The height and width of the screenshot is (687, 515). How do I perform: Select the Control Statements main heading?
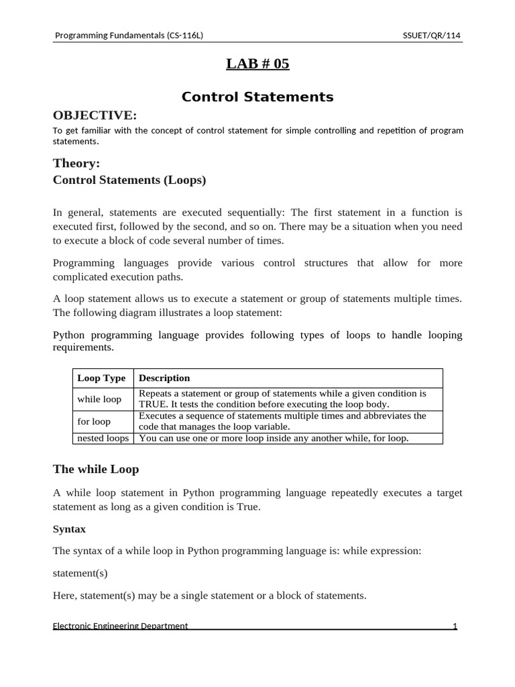pyautogui.click(x=257, y=97)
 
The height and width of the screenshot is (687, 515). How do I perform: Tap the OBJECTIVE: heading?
pyautogui.click(x=95, y=115)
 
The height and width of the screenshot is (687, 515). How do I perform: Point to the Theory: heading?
pyautogui.click(x=76, y=163)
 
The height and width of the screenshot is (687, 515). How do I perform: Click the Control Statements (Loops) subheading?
pyautogui.click(x=129, y=180)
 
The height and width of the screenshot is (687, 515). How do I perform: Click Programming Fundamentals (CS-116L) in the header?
pyautogui.click(x=128, y=36)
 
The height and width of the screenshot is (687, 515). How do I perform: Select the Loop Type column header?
pyautogui.click(x=101, y=378)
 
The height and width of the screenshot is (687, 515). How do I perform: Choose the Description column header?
pyautogui.click(x=164, y=378)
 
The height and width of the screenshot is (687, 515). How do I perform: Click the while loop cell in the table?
pyautogui.click(x=99, y=399)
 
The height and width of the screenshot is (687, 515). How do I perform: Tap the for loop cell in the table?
pyautogui.click(x=94, y=422)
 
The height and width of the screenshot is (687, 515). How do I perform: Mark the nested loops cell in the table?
pyautogui.click(x=103, y=438)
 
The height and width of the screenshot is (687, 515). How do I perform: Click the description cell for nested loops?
pyautogui.click(x=274, y=438)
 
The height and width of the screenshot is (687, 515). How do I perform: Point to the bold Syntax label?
pyautogui.click(x=69, y=529)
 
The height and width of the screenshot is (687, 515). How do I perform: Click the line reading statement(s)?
pyautogui.click(x=80, y=574)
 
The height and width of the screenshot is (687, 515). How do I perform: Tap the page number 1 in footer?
pyautogui.click(x=455, y=626)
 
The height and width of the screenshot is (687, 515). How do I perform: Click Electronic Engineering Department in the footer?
pyautogui.click(x=121, y=626)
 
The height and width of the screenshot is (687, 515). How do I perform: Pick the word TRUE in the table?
pyautogui.click(x=151, y=405)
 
